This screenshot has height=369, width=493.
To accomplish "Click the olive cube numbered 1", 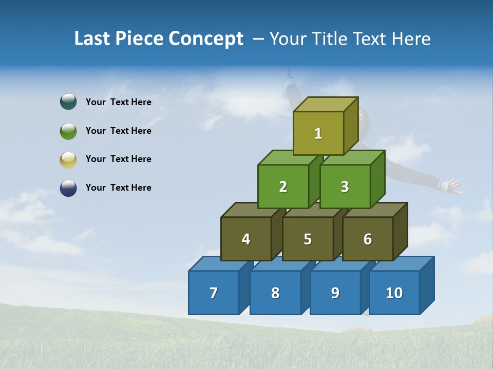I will (318, 133).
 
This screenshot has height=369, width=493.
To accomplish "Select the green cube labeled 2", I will (283, 187).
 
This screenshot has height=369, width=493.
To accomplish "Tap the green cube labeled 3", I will (345, 187).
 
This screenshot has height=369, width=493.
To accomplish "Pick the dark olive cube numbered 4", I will (246, 239).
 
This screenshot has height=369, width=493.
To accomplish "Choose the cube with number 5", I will (308, 239).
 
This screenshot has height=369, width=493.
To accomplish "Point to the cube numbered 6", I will (368, 239).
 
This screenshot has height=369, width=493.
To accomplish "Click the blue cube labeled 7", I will (214, 293).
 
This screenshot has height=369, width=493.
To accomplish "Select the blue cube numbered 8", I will (275, 293).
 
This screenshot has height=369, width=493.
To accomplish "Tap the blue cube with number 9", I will (335, 293).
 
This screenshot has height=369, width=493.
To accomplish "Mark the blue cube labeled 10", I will (394, 293).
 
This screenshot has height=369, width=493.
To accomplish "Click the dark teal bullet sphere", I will (68, 102).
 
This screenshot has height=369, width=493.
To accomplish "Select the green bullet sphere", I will (68, 131).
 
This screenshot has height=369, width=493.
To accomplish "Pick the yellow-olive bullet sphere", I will (68, 159).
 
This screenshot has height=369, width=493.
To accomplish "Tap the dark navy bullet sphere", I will (68, 188).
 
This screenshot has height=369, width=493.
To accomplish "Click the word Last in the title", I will (93, 38).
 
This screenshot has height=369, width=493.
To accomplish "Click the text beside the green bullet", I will (119, 131).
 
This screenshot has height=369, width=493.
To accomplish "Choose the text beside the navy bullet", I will (119, 188).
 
